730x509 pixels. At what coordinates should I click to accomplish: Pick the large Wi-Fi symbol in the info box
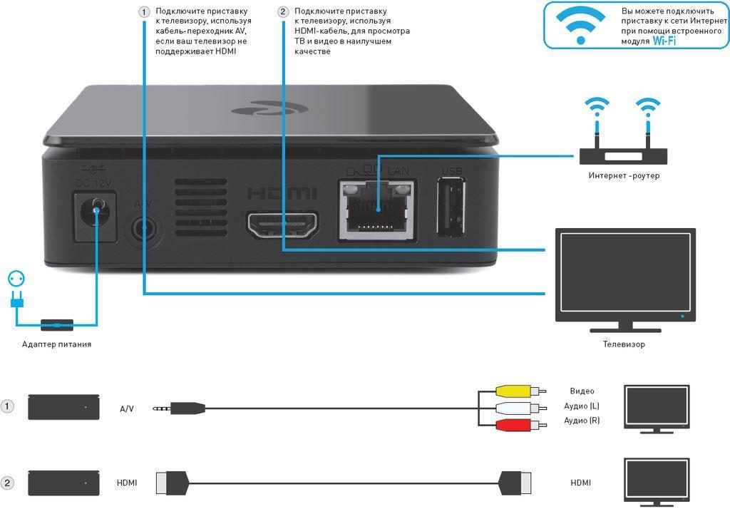[582, 26]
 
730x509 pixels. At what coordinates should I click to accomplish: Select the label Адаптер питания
[56, 344]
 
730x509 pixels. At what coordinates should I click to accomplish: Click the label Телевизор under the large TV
[624, 344]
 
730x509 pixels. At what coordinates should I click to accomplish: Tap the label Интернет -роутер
[624, 176]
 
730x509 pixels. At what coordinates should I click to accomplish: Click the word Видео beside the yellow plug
[582, 391]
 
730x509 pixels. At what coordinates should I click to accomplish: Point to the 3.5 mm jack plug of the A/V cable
[181, 408]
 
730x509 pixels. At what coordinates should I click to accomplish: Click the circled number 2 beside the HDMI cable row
[8, 483]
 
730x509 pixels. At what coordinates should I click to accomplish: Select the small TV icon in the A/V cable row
[657, 407]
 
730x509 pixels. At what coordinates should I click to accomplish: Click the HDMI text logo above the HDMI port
[282, 193]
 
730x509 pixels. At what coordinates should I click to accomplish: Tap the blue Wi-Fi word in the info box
[664, 41]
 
